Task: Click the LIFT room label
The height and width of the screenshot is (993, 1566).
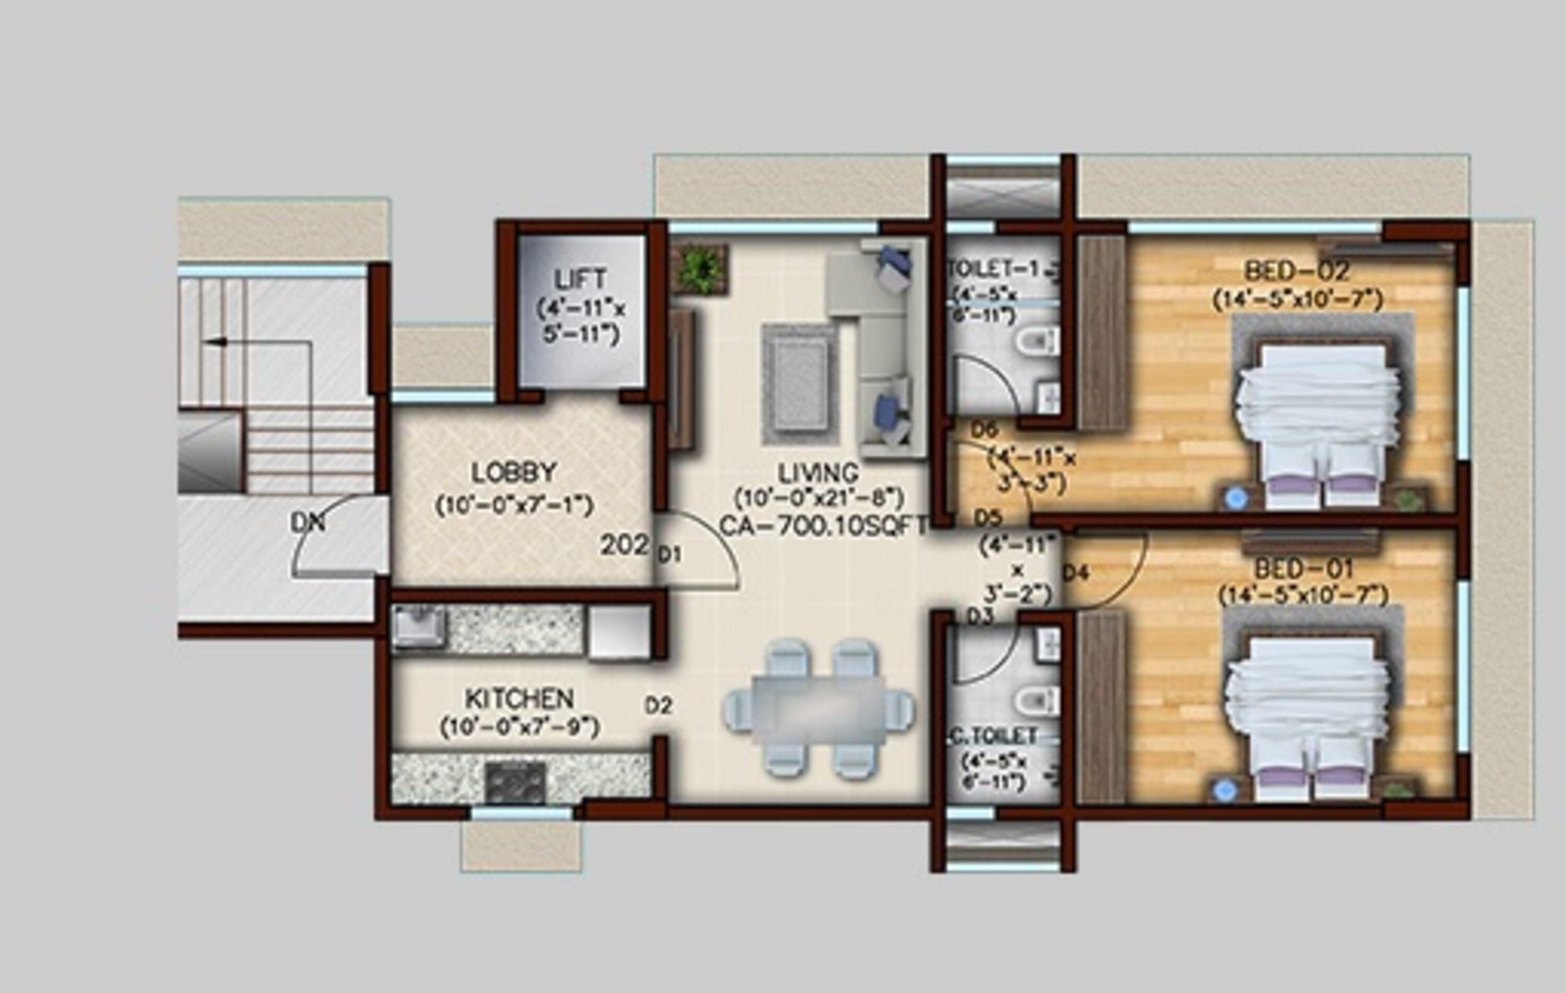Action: [x=581, y=280]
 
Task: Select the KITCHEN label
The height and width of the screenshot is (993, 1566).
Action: [x=519, y=699]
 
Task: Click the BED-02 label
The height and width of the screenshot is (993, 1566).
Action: [x=1297, y=270]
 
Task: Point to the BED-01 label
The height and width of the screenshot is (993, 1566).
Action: [x=1303, y=569]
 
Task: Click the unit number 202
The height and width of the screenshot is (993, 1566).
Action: [x=624, y=545]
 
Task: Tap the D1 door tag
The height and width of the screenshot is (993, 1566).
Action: [x=669, y=554]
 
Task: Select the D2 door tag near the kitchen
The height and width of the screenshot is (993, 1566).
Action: [x=658, y=705]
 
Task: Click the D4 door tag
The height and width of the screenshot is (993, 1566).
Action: [x=1076, y=573]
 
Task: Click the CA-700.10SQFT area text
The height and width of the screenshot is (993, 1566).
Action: [x=823, y=525]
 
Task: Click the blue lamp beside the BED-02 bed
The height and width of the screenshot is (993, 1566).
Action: [x=1236, y=498]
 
